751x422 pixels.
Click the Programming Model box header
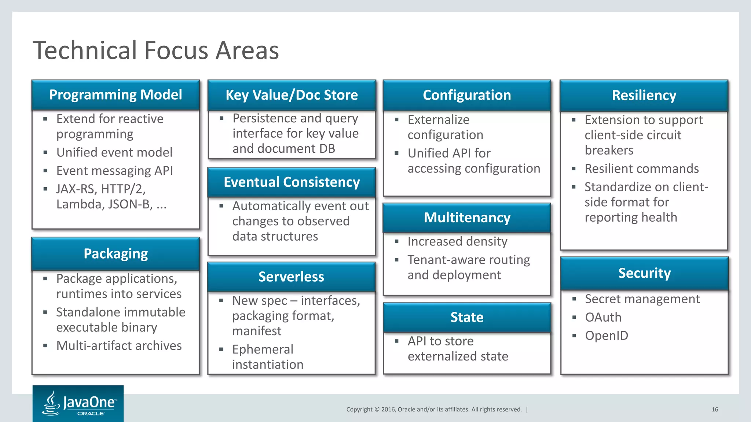click(116, 95)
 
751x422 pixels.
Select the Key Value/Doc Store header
click(292, 95)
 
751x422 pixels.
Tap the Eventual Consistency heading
click(292, 182)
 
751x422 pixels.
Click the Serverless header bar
click(291, 277)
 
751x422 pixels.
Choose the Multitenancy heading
click(467, 218)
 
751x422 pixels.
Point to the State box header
click(467, 317)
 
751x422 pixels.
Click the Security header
click(644, 273)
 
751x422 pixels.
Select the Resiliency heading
click(644, 95)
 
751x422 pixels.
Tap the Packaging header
click(116, 253)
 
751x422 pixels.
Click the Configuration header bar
click(467, 95)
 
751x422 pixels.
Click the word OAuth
click(603, 317)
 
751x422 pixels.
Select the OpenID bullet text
click(607, 336)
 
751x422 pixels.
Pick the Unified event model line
click(114, 152)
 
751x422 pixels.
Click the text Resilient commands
click(641, 169)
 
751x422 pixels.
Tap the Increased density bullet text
click(457, 241)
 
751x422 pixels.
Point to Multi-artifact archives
click(119, 345)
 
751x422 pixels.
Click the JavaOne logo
click(78, 403)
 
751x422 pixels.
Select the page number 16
click(715, 410)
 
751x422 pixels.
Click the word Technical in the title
click(85, 50)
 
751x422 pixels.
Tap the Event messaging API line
click(114, 171)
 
